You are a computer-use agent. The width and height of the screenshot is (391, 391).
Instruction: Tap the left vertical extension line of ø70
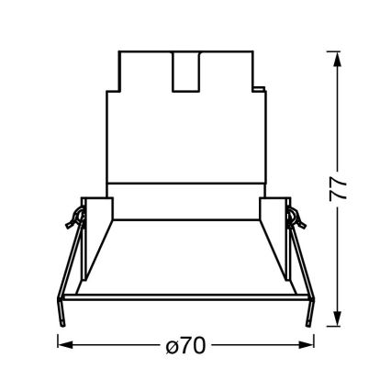[x=60, y=335]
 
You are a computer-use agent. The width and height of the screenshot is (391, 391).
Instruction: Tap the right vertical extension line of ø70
[x=310, y=335]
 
